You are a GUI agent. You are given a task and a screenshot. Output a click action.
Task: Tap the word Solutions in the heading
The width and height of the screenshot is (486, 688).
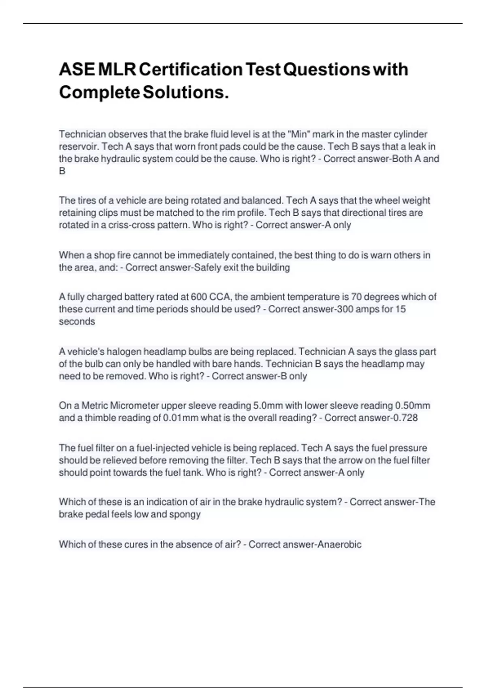click(183, 93)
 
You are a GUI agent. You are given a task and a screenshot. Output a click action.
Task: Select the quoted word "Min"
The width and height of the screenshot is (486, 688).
click(298, 134)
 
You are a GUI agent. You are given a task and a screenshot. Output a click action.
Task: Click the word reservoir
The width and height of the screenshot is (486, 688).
click(79, 147)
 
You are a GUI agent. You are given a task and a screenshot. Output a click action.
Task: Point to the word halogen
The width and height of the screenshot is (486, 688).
click(124, 352)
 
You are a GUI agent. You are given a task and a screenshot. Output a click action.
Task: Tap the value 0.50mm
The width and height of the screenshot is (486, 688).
click(412, 406)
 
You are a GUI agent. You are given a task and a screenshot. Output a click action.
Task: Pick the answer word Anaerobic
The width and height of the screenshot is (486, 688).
click(339, 544)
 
